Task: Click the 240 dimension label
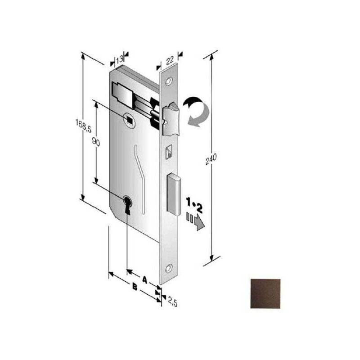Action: [211, 159]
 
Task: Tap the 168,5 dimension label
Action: [83, 126]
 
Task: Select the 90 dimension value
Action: [96, 142]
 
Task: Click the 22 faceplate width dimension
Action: [170, 61]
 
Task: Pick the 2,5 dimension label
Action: [172, 301]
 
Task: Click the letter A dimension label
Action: [144, 279]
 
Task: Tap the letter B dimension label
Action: [135, 287]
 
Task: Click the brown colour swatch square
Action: [265, 294]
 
